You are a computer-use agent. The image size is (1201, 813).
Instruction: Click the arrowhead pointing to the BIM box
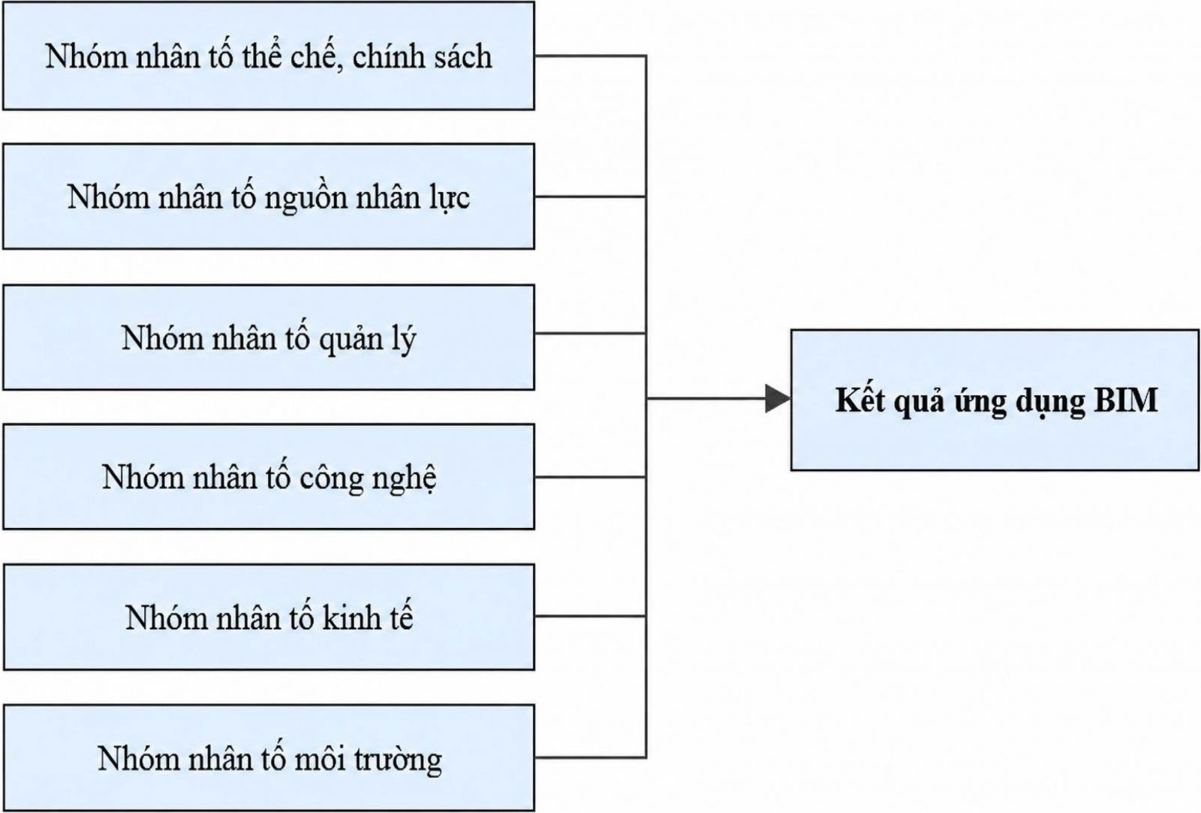pos(778,399)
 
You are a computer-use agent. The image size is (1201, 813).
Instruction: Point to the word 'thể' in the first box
pos(260,55)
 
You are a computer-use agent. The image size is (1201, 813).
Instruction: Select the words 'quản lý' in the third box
pos(368,340)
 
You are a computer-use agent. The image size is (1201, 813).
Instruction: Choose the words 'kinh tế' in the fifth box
pos(367,617)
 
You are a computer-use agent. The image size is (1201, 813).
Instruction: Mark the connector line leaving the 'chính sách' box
pos(590,55)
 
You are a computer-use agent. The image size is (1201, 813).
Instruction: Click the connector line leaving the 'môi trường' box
pos(590,757)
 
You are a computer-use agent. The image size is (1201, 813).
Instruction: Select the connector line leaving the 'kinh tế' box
pos(590,616)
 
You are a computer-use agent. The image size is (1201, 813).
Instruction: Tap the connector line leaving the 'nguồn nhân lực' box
pos(590,196)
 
